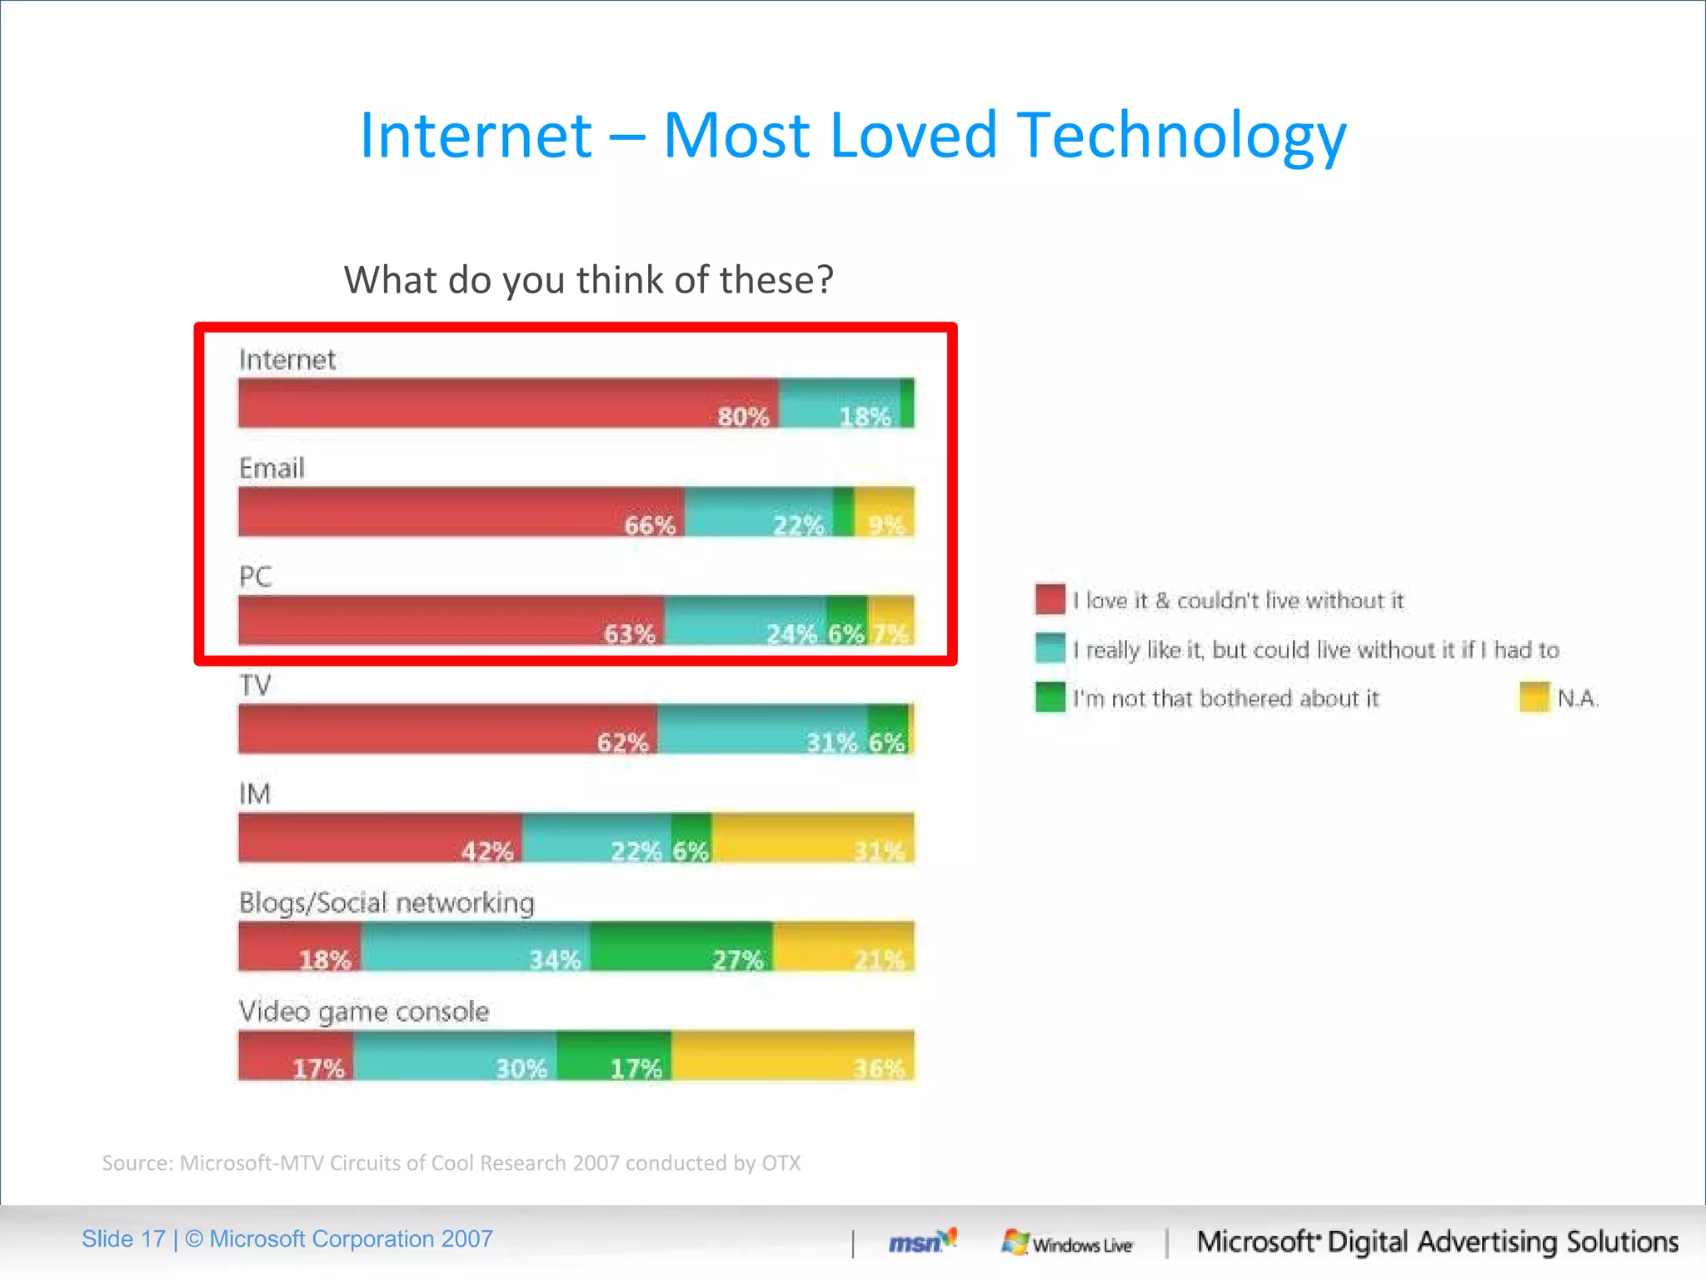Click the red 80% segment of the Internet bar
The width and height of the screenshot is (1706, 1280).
(508, 403)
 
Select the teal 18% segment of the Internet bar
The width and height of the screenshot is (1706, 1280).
(839, 403)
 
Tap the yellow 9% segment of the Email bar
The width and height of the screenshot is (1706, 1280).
(884, 512)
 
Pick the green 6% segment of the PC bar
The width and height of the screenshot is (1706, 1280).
(847, 620)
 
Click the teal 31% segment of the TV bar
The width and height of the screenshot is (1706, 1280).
(761, 729)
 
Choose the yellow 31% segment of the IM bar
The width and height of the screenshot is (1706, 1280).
(812, 837)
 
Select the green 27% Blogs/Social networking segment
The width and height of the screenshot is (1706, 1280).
(681, 946)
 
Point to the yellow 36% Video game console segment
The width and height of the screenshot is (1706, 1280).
(792, 1055)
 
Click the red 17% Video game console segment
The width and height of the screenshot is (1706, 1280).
(296, 1055)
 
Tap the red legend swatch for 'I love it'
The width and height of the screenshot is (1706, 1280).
(1050, 599)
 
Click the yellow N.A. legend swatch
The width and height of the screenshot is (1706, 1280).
(1534, 697)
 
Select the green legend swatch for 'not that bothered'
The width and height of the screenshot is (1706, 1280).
(1050, 697)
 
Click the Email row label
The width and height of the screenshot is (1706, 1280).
(272, 468)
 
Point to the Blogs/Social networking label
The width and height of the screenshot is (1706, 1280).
(387, 902)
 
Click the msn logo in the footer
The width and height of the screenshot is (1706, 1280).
(921, 1242)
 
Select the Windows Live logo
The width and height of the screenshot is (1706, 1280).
(1067, 1243)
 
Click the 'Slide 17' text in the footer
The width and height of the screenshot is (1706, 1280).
(123, 1239)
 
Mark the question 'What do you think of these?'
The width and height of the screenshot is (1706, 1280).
(588, 280)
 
